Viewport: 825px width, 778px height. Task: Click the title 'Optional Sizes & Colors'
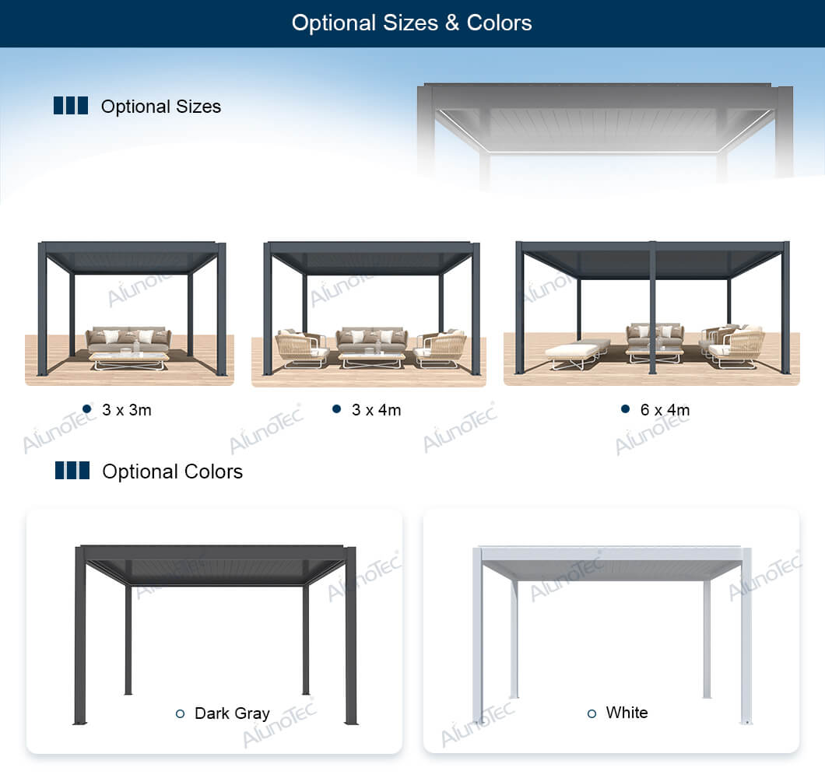pos(412,23)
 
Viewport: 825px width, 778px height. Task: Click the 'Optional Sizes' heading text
pos(160,107)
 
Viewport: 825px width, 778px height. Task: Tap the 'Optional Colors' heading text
pos(172,471)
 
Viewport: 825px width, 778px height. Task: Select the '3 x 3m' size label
pos(127,409)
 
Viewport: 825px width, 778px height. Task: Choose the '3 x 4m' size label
pos(376,409)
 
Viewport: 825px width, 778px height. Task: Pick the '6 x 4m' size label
pos(665,409)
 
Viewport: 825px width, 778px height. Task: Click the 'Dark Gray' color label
pos(232,713)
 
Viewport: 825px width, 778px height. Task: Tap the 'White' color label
pos(627,712)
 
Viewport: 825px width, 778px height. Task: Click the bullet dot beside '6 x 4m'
pos(625,408)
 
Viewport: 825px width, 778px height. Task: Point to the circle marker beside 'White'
pos(592,713)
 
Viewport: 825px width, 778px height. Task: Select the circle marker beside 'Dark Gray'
pos(181,713)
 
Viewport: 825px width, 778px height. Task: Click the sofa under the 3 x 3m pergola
pos(128,338)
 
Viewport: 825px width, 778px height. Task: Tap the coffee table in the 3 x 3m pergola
pos(128,359)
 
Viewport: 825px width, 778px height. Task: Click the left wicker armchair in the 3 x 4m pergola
pos(300,349)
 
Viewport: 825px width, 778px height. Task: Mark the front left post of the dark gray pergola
pos(79,634)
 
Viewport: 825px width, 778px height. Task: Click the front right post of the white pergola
pos(746,634)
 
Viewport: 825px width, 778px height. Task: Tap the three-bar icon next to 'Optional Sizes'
pos(70,106)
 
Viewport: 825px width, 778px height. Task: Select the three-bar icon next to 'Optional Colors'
pos(72,471)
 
